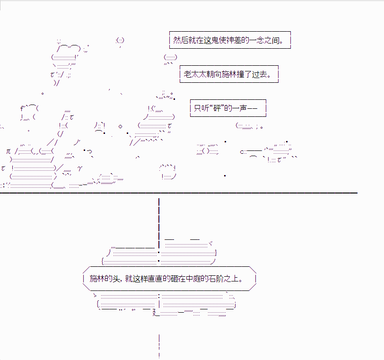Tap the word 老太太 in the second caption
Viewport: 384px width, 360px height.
click(x=195, y=74)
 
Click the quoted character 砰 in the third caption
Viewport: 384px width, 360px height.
click(x=217, y=108)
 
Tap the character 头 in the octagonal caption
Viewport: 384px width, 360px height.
click(x=116, y=279)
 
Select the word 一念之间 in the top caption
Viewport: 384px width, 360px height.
click(x=264, y=40)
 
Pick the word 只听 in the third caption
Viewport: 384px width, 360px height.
click(x=201, y=108)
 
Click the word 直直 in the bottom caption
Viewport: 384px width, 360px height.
click(x=156, y=279)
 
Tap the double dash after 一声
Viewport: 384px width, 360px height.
click(x=252, y=108)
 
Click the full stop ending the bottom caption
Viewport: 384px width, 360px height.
click(x=241, y=281)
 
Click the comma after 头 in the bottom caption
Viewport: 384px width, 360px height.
click(x=121, y=281)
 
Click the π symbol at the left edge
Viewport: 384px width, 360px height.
click(x=9, y=151)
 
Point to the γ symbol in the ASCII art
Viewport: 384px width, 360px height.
click(x=80, y=169)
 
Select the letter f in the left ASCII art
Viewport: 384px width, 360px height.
click(x=22, y=108)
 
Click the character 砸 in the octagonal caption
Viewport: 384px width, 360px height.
click(x=175, y=279)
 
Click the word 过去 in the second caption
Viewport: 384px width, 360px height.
click(x=259, y=74)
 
